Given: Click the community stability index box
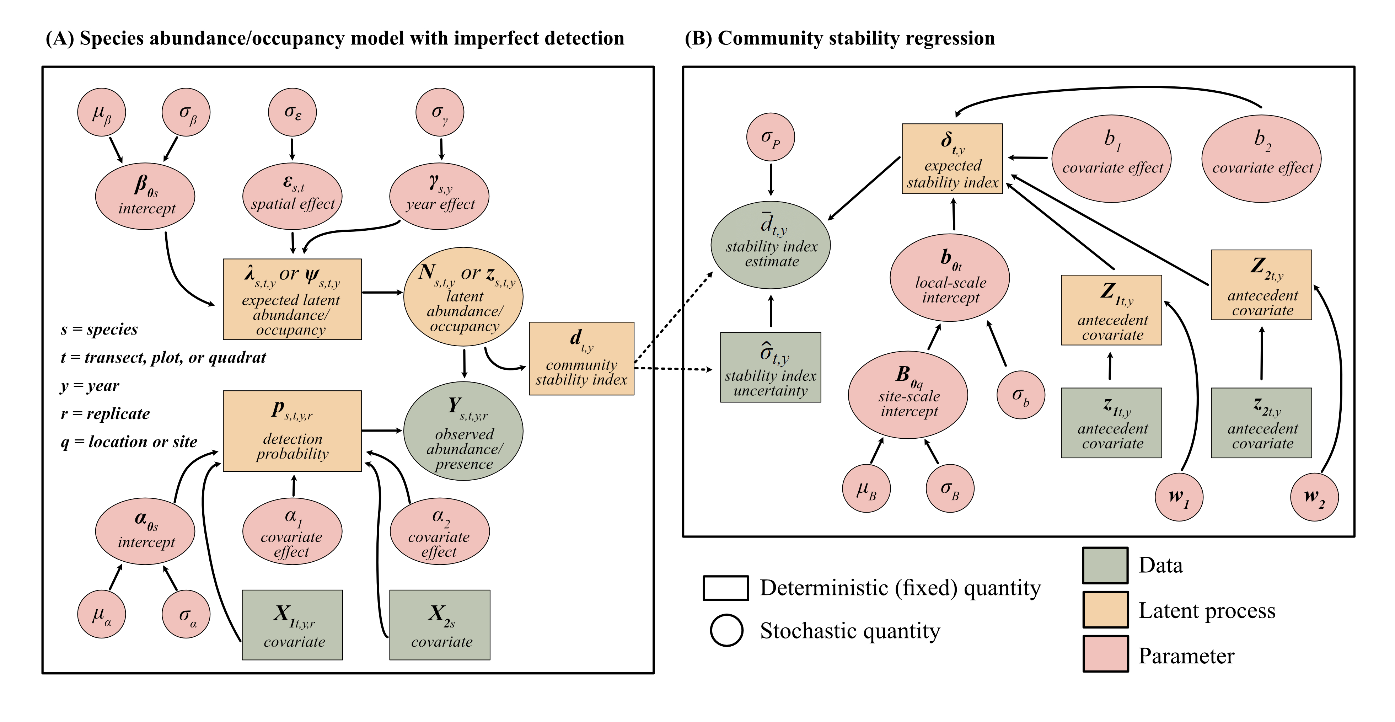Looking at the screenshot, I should click(x=581, y=359).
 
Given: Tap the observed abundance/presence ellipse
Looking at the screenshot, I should click(x=463, y=431).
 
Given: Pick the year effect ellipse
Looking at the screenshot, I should click(x=439, y=196).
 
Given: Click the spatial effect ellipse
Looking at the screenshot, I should click(x=293, y=196).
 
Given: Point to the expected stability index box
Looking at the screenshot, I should click(x=952, y=159).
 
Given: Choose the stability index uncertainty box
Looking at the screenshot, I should click(x=770, y=367).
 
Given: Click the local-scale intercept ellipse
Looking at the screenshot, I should click(x=950, y=277).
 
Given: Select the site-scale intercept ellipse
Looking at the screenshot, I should click(x=908, y=394).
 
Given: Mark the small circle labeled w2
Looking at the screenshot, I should click(x=1314, y=497).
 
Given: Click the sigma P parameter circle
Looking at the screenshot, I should click(x=770, y=137).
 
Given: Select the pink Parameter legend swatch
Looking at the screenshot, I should click(x=1105, y=654).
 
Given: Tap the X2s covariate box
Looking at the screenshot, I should click(x=440, y=625).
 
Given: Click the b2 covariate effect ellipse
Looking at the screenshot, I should click(x=1261, y=159).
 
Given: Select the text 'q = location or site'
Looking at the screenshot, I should click(x=129, y=442).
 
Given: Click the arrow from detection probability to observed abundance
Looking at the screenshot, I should click(x=382, y=430).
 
